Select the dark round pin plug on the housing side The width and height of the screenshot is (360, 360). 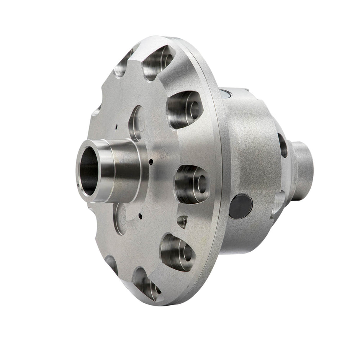tap(241, 206)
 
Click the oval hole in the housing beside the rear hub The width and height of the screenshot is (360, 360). tap(283, 146)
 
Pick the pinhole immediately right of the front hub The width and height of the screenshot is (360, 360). tap(152, 161)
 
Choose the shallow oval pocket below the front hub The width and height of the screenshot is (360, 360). tap(121, 218)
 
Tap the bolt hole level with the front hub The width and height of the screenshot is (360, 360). tap(192, 184)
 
